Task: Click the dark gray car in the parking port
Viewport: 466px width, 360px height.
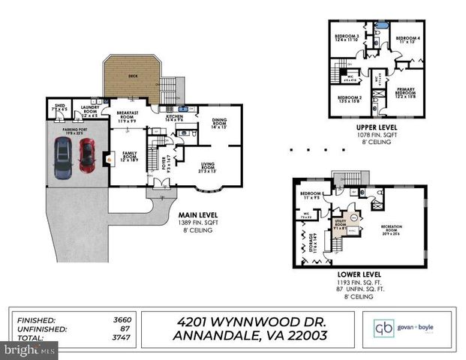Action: (62, 159)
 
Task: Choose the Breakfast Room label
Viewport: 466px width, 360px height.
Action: (126, 117)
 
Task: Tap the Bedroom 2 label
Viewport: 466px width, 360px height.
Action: (349, 100)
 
